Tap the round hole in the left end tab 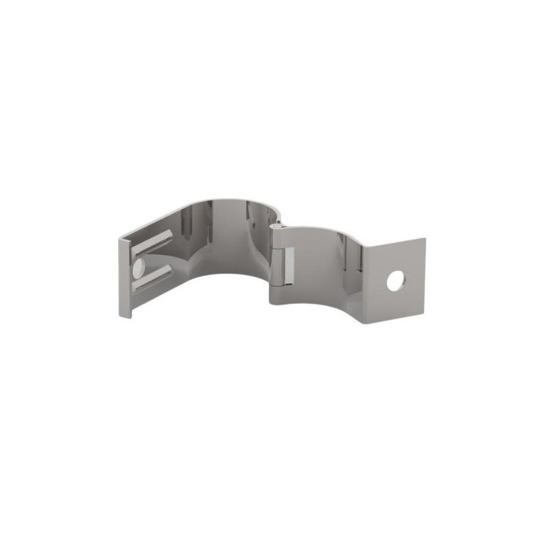[138, 267]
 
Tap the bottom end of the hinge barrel [278, 302]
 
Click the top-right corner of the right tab [425, 239]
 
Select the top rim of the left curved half [210, 201]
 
